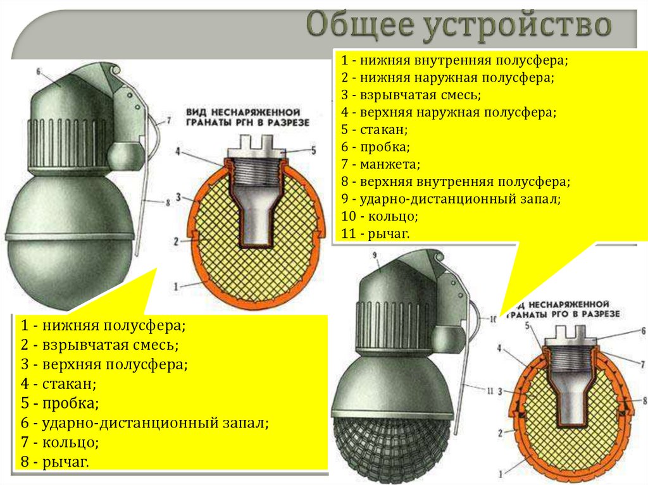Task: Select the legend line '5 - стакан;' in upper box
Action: tap(374, 130)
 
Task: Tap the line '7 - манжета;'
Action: tap(380, 164)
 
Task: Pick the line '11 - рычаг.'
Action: tap(376, 233)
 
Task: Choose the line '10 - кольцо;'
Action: tap(379, 216)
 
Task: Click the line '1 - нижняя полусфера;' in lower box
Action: tap(103, 326)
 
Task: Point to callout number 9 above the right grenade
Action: tap(375, 255)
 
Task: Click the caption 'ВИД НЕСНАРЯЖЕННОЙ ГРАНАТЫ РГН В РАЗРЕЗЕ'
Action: tap(247, 117)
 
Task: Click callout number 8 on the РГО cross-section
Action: tap(644, 401)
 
